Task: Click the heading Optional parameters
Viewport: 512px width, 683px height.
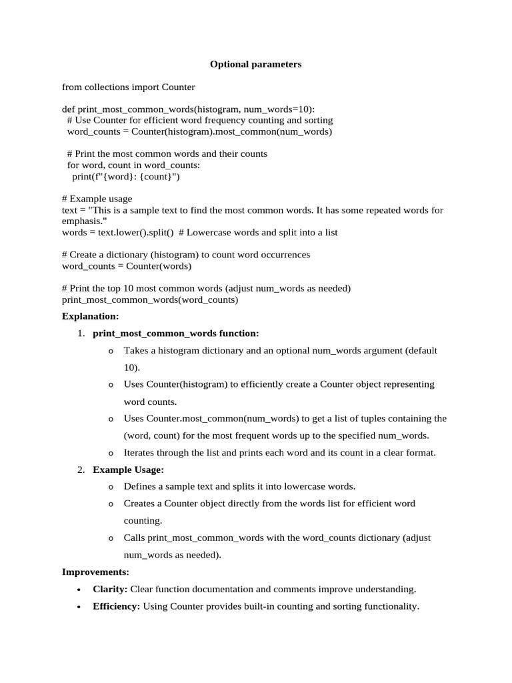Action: point(256,65)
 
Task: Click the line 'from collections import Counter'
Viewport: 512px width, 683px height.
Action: point(129,87)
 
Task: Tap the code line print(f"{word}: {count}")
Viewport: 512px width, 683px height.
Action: point(126,177)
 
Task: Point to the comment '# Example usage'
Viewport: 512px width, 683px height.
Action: point(97,199)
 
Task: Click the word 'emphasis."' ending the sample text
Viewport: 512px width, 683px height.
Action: point(83,221)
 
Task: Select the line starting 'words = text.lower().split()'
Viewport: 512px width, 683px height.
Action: point(200,232)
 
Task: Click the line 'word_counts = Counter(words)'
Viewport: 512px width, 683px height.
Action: point(127,266)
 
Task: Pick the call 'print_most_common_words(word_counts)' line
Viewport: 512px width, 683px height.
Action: point(150,299)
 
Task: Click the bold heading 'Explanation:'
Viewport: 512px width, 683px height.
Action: point(91,316)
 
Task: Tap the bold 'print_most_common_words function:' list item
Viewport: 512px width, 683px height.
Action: point(176,333)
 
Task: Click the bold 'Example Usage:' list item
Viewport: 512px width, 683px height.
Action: point(128,470)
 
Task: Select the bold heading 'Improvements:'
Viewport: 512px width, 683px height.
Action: point(95,572)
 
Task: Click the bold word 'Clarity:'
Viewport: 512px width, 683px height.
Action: point(110,590)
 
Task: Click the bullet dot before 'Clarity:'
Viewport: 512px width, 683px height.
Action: point(79,590)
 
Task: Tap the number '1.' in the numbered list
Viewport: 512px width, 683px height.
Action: point(81,333)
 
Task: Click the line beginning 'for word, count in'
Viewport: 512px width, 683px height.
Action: point(133,165)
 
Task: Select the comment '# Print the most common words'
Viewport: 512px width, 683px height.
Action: point(167,154)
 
